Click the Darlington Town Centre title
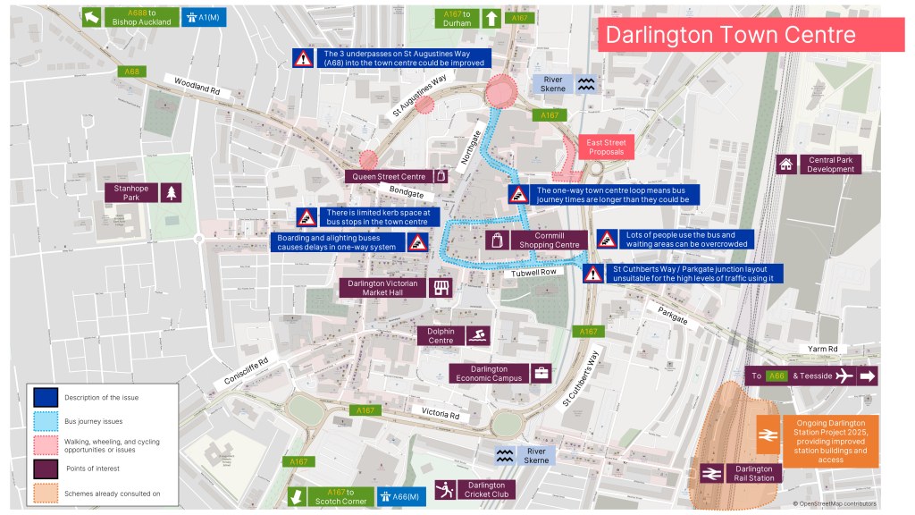730,35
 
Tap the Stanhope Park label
131,192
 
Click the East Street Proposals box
606,148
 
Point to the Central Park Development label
831,164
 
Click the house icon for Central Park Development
786,164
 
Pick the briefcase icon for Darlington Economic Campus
541,373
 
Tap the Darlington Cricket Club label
487,489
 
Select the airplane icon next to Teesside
842,376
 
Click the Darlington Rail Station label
753,473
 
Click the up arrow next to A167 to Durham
491,18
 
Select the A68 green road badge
132,72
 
